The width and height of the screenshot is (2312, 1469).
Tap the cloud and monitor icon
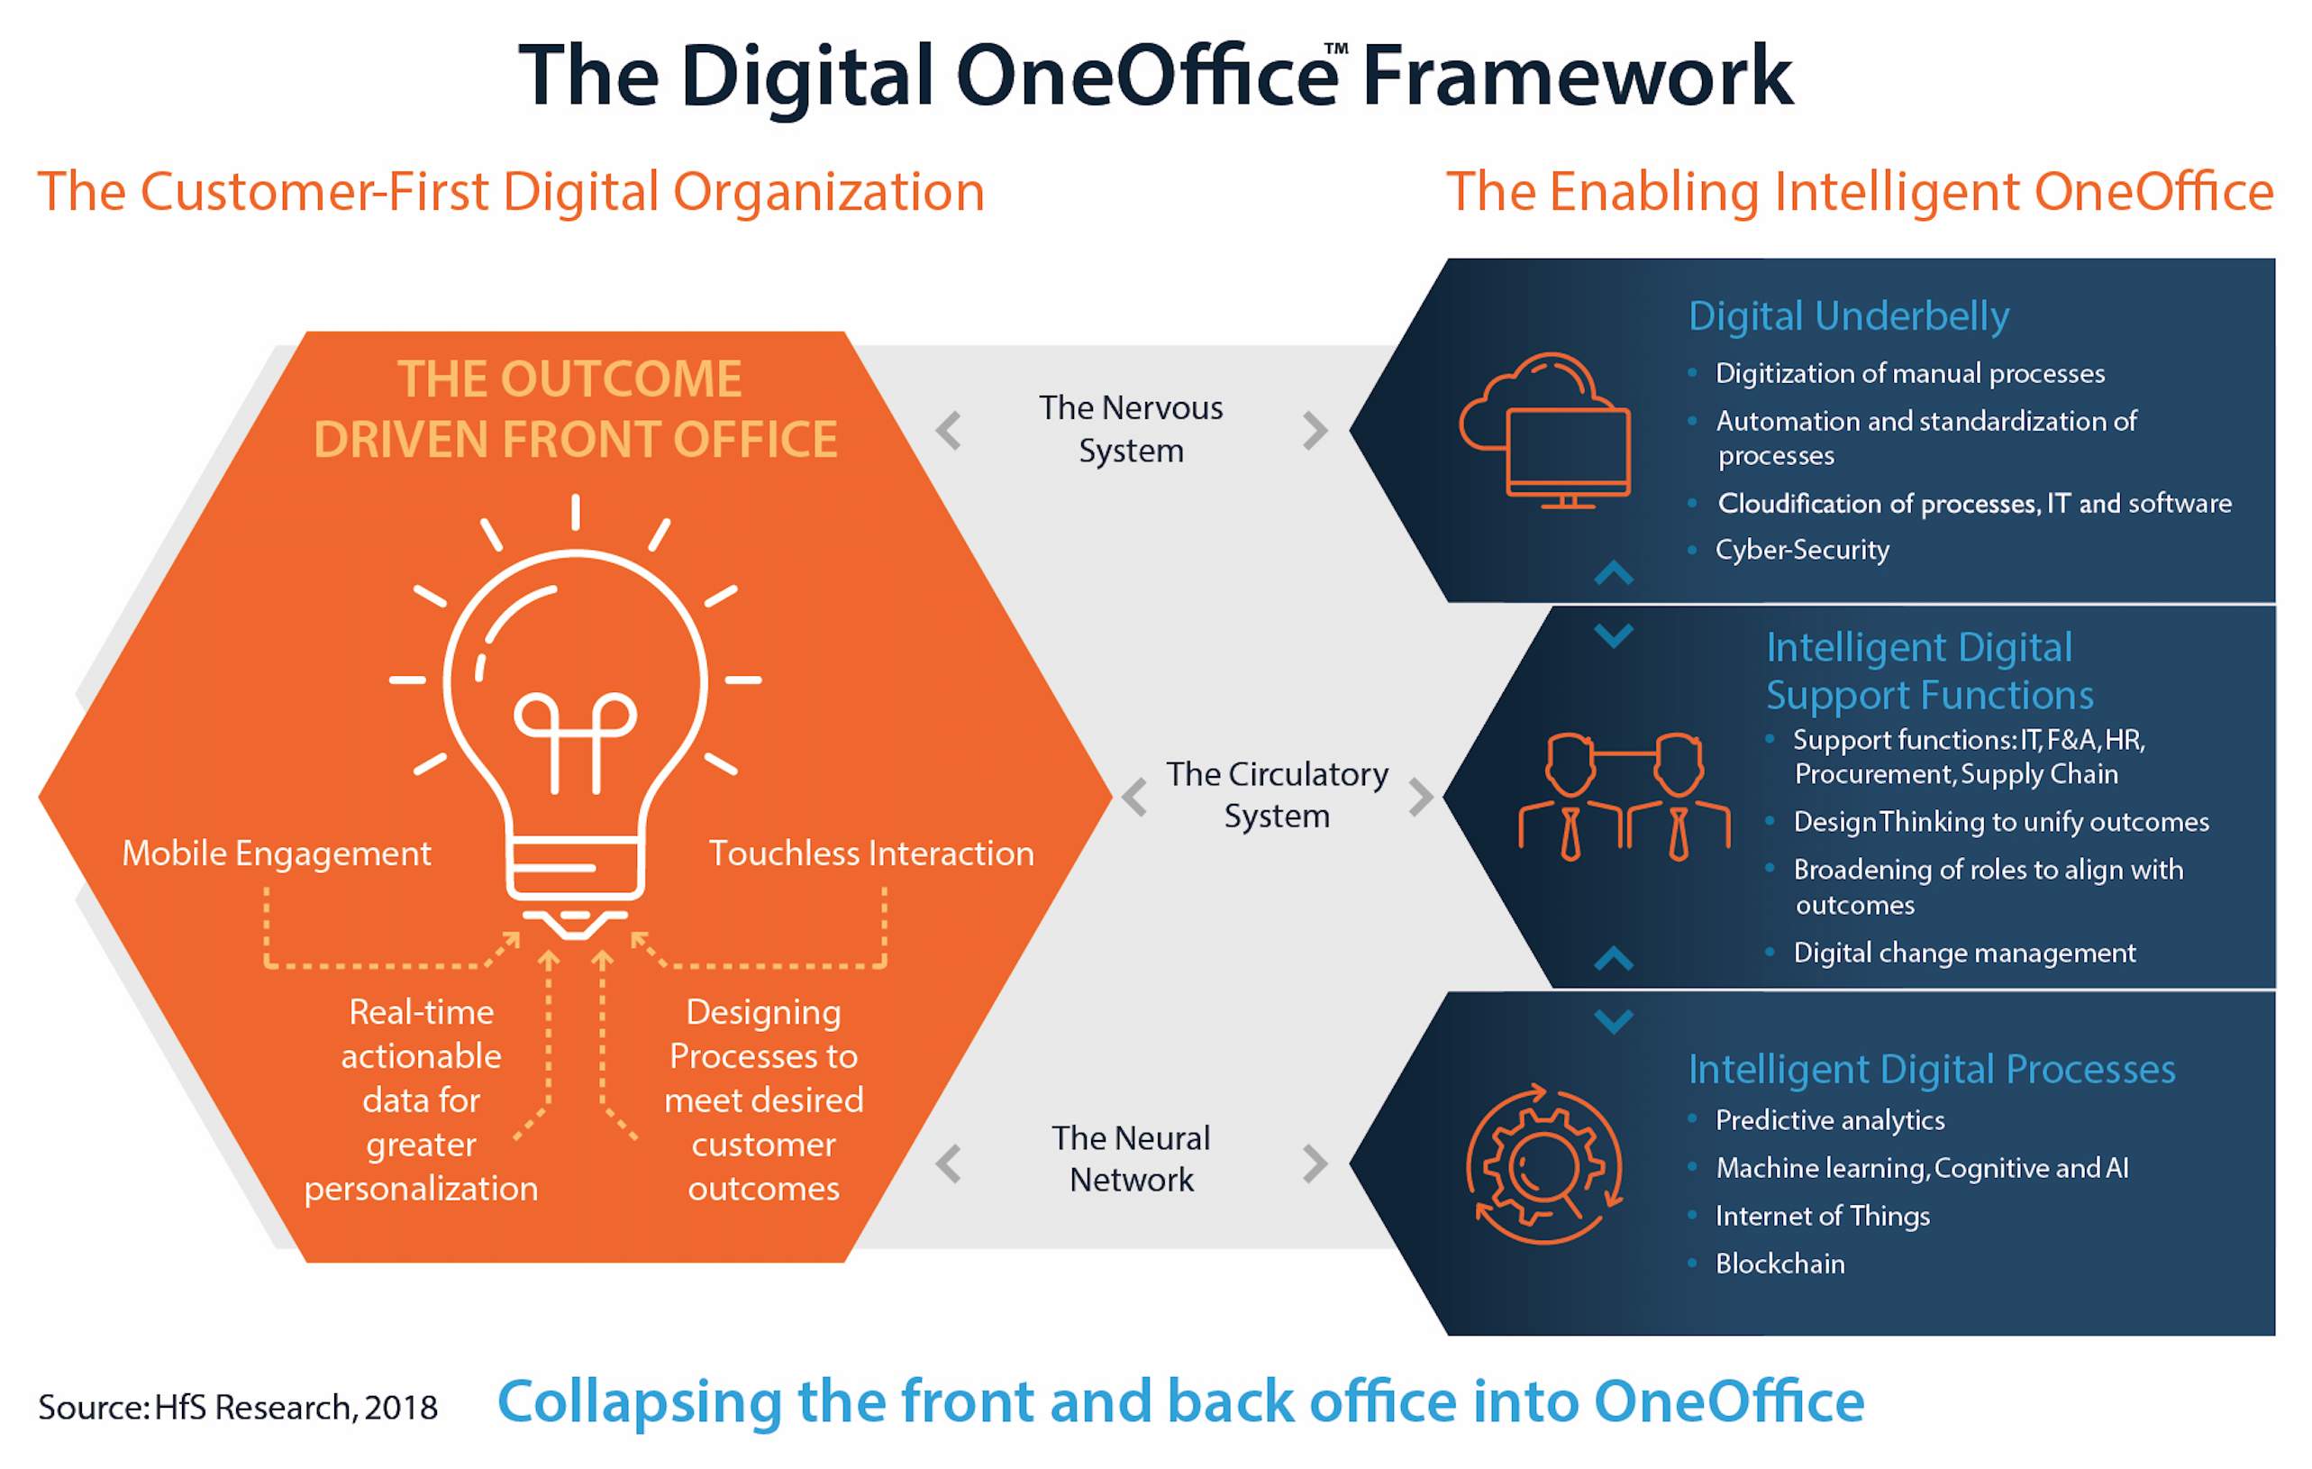pos(1545,431)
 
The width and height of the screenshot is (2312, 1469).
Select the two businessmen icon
pos(1625,797)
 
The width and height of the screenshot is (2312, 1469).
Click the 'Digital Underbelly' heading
pos(1848,316)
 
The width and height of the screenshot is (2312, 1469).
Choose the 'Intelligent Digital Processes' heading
pos(1932,1069)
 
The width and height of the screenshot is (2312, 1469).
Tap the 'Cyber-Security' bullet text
pos(1802,549)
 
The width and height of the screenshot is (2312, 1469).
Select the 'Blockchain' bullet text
pos(1780,1264)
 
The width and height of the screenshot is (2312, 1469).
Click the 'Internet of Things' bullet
pos(1823,1216)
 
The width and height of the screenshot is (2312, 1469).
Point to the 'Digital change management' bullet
pos(1964,953)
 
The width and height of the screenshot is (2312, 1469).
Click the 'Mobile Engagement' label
pos(277,853)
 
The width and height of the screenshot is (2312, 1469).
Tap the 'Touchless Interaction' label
pos(871,853)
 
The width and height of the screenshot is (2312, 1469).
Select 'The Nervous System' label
pos(1131,429)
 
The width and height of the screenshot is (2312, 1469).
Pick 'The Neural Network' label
pos(1131,1158)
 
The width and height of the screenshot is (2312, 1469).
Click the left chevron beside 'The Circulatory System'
pos(1135,797)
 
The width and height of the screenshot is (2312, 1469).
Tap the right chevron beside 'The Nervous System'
pos(1315,430)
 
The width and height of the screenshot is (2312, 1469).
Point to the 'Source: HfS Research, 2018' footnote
pos(238,1408)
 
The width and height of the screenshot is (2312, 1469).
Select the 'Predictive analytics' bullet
pos(1830,1120)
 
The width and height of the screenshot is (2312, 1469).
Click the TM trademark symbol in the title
pos(1336,48)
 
